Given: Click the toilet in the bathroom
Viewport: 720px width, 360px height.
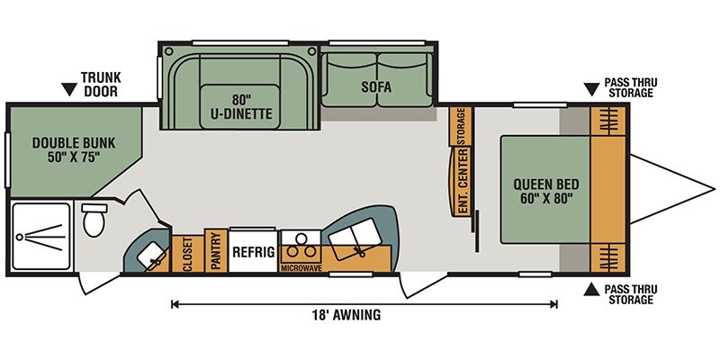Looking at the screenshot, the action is click(94, 220).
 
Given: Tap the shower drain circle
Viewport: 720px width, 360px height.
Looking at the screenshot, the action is click(19, 238).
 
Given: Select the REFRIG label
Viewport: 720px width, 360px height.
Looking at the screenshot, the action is click(254, 252).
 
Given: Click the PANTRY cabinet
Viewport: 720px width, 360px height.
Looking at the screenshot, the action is click(216, 251).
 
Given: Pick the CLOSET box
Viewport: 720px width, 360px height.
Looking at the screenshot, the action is click(187, 254).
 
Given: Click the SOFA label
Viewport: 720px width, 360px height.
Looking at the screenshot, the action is click(376, 87).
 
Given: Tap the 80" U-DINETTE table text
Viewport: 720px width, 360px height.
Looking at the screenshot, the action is click(241, 107).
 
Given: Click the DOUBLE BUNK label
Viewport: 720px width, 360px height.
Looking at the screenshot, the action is click(74, 150).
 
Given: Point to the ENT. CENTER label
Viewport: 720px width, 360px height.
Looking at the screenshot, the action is click(463, 181).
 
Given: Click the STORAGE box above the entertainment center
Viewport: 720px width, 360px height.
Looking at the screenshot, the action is click(461, 126).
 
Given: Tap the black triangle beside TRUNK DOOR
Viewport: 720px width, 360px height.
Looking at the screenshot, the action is click(69, 89).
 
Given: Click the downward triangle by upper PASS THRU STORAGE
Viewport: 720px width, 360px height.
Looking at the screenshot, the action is click(591, 89).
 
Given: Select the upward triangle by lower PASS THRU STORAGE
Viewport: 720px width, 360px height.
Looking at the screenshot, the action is click(591, 289).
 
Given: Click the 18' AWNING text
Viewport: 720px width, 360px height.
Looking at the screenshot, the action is click(346, 315).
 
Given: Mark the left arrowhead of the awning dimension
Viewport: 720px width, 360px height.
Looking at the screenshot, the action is click(175, 304).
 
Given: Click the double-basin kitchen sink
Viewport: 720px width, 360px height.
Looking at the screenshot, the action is click(355, 238).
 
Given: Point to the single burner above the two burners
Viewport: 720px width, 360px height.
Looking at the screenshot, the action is click(301, 238).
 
